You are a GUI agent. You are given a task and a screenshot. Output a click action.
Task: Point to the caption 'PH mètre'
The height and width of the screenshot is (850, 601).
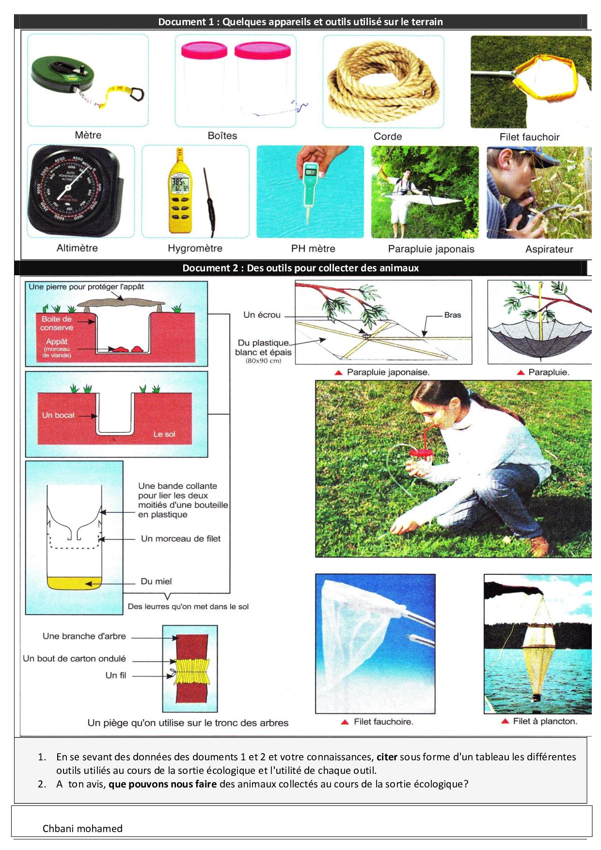[x=313, y=249]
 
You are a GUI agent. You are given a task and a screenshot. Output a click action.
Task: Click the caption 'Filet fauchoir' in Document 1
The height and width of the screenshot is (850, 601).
[x=529, y=137]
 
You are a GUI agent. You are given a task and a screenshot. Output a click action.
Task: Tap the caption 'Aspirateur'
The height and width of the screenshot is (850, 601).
[x=549, y=249]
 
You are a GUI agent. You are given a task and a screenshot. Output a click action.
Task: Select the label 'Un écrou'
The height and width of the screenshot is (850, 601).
[x=262, y=315]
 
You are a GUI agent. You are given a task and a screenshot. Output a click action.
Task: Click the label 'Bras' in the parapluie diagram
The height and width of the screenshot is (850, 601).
[x=453, y=315]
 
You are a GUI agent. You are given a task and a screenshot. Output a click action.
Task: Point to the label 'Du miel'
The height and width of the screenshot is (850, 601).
[x=156, y=582]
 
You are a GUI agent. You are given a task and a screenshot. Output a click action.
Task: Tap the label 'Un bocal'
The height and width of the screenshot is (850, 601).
[x=58, y=415]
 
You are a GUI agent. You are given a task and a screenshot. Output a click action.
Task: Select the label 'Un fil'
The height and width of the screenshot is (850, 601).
[x=116, y=675]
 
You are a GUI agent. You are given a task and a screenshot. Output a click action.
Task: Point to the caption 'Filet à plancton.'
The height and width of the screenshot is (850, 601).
[x=545, y=721]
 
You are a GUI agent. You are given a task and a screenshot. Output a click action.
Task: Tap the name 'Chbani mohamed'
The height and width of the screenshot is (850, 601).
[x=82, y=828]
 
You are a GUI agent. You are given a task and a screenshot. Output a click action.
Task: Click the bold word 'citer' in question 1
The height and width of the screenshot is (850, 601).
[x=387, y=756]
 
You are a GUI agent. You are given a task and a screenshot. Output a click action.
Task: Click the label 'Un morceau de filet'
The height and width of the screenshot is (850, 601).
[x=181, y=538]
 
